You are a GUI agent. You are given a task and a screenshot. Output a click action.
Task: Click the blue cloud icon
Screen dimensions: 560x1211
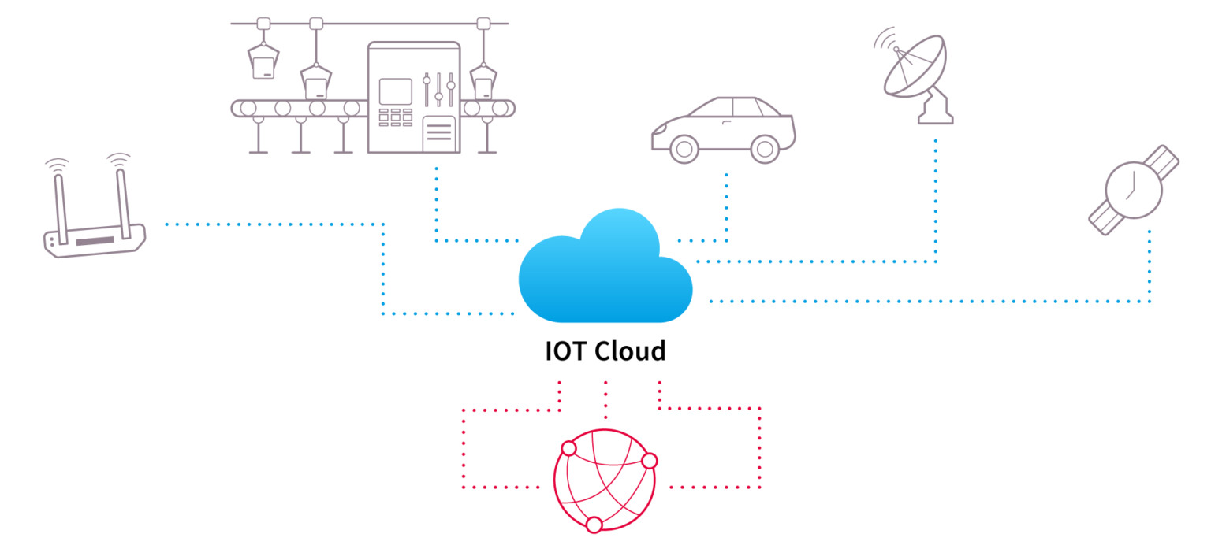click(x=605, y=272)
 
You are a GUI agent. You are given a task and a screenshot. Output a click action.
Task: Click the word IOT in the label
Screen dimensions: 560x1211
click(x=566, y=350)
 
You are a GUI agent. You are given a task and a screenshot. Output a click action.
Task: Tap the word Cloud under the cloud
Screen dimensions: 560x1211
click(x=630, y=350)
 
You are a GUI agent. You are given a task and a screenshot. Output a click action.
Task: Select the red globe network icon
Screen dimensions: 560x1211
click(x=605, y=480)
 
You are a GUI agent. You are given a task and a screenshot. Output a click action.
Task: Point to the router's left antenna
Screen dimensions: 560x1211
click(x=60, y=201)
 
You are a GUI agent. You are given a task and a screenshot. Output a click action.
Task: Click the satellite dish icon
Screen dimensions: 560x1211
click(x=915, y=75)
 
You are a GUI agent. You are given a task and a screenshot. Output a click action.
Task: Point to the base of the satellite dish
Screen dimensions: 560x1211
click(x=936, y=115)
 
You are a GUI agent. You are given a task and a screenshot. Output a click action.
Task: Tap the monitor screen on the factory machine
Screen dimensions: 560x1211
click(x=396, y=91)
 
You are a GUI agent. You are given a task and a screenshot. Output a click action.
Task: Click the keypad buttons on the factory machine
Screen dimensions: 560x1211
click(x=396, y=117)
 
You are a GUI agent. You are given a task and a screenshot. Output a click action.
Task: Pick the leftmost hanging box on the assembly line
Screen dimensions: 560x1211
click(x=263, y=61)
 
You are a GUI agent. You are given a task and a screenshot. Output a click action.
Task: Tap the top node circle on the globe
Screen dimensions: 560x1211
click(x=569, y=449)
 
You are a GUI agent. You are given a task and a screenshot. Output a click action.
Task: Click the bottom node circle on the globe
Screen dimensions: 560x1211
click(x=594, y=525)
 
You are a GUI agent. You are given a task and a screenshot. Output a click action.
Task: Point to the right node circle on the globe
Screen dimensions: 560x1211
click(x=649, y=461)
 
